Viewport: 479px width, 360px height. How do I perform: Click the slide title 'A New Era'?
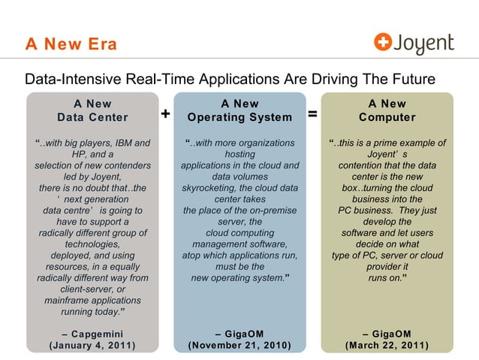71,44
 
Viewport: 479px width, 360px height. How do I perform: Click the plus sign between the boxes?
165,115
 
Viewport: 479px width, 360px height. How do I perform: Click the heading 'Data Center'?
92,117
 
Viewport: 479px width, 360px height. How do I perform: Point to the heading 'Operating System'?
239,117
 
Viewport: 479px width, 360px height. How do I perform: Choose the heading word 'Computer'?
387,117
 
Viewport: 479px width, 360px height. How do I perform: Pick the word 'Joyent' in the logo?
424,44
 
